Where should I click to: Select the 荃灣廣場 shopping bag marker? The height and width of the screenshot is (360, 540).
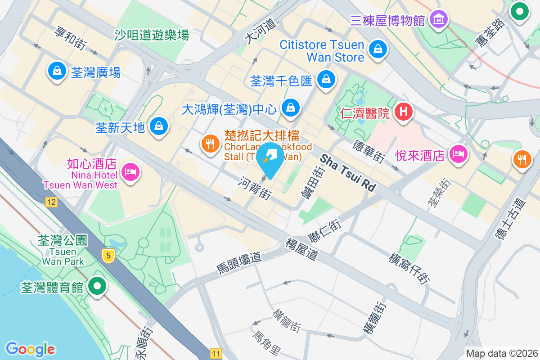coord(57,71)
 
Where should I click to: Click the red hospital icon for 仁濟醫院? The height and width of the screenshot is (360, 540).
coord(404,112)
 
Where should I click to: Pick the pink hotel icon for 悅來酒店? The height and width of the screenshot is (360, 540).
coord(458,155)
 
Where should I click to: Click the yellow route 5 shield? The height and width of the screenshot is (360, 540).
coord(108,256)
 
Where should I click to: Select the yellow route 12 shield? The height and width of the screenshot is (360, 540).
coord(51,202)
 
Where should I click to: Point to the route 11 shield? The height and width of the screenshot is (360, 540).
coord(216,354)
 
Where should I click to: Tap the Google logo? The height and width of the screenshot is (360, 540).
coord(30,349)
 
